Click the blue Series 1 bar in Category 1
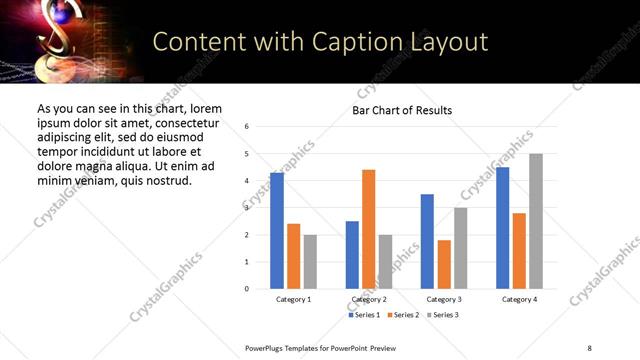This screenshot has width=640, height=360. point(277,231)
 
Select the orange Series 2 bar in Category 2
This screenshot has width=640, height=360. point(368,229)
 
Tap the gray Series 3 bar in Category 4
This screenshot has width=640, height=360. point(536,221)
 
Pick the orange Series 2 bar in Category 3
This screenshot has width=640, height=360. point(444,264)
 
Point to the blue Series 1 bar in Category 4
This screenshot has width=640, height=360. point(502,228)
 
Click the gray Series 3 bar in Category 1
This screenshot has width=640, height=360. point(310,262)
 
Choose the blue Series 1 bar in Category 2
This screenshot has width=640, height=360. point(352,255)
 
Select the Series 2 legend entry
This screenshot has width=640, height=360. point(403,315)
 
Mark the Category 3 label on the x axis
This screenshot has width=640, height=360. point(444,300)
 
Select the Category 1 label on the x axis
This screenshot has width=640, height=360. point(293,300)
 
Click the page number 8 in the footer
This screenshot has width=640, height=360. point(589,347)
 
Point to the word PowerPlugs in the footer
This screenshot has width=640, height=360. point(266,347)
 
